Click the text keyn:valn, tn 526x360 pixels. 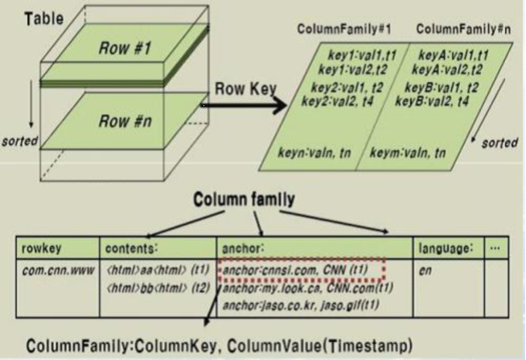[x=318, y=150]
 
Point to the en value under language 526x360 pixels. [x=425, y=271]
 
